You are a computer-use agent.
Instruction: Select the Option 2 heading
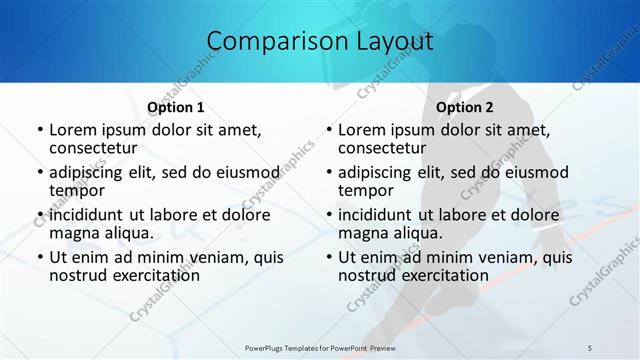coord(465,107)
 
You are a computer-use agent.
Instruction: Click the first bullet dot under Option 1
coord(39,131)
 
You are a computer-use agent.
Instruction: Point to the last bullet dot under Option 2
coord(328,257)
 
